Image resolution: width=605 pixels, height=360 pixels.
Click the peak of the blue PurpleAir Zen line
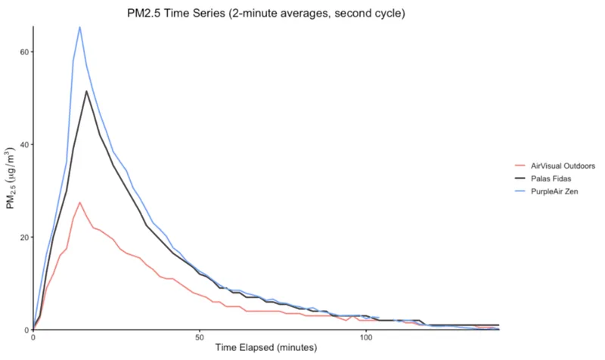coord(79,27)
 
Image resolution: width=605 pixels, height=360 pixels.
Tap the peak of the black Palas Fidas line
coord(87,92)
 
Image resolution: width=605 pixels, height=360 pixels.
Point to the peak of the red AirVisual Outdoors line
coord(79,202)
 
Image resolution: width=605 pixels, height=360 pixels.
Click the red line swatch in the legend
coord(520,165)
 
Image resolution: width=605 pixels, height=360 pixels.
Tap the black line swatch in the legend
coord(520,178)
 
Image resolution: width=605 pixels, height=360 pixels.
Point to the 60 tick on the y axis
coord(23,52)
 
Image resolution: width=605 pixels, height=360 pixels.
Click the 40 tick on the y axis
coord(23,145)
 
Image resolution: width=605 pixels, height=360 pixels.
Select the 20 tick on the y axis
coord(23,237)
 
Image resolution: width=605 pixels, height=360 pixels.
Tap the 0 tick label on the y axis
coord(26,331)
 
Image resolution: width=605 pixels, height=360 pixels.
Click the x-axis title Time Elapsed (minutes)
coord(265,348)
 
